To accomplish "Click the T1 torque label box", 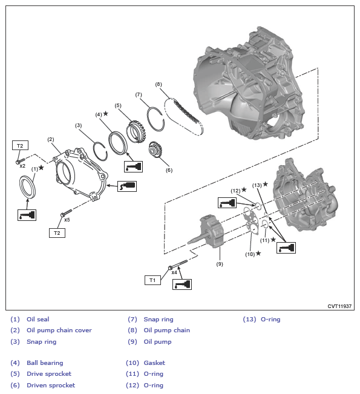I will click(153, 280).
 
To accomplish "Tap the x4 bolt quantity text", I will click(174, 272).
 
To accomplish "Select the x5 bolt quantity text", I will click(67, 220).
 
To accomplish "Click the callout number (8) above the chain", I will click(159, 84).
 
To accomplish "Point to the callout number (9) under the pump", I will click(220, 263).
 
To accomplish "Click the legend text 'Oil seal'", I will click(38, 319).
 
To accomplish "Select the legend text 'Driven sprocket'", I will click(51, 385).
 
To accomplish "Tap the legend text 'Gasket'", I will click(154, 363).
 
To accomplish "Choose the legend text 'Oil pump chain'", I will click(167, 330).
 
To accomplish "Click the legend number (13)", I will click(249, 319).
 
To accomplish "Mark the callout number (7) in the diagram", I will click(139, 95).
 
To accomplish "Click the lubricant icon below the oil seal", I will click(27, 214).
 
